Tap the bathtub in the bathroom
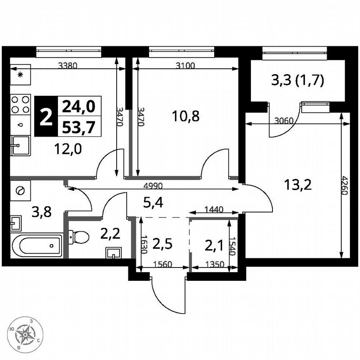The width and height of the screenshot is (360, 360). pyautogui.click(x=36, y=246)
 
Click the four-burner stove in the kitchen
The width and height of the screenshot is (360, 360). pyautogui.click(x=20, y=104)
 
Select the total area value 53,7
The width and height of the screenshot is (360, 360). pyautogui.click(x=78, y=127)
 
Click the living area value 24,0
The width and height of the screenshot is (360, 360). pyautogui.click(x=78, y=107)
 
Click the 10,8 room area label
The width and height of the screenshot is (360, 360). pyautogui.click(x=185, y=116)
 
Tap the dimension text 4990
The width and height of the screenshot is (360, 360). pyautogui.click(x=154, y=185)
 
